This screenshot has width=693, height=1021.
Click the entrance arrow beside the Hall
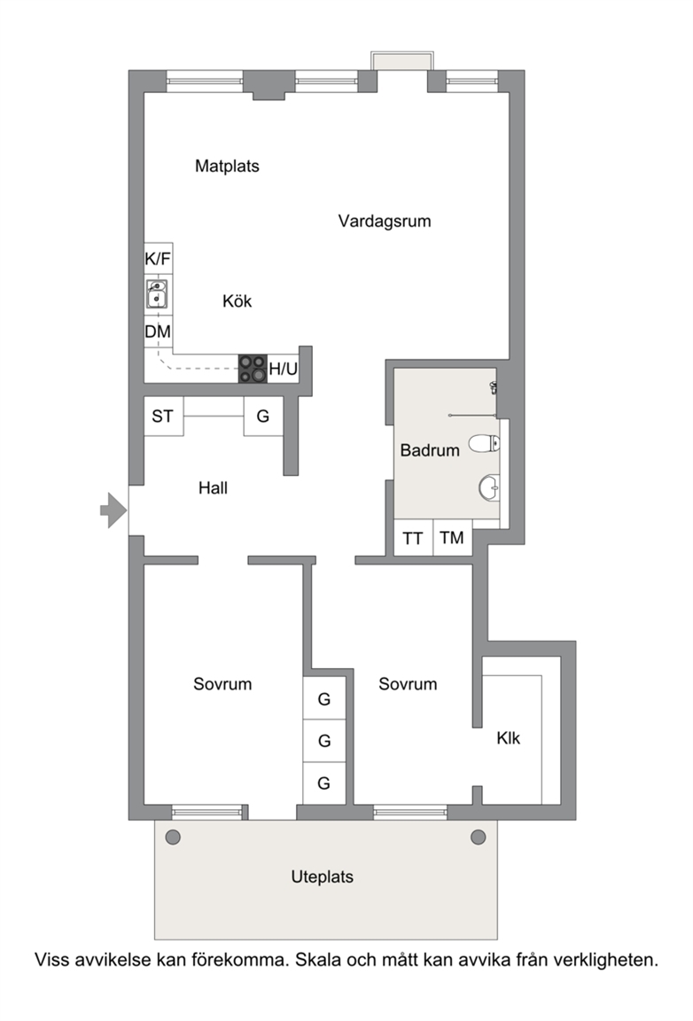(113, 510)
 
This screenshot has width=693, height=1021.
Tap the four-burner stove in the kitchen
(253, 369)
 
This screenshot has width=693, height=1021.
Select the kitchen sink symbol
(156, 293)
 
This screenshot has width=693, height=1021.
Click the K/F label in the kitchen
(158, 259)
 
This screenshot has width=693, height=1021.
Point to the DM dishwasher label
(158, 332)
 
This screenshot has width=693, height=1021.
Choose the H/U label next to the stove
(284, 370)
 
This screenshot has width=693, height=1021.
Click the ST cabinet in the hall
(163, 416)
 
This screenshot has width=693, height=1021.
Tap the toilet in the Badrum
(485, 443)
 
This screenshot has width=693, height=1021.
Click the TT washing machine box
(414, 538)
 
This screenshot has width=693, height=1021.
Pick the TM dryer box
(453, 538)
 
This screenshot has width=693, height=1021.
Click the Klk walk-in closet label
(508, 737)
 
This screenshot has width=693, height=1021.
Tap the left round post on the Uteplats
(173, 838)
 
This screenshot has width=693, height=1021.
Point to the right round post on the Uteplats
(478, 838)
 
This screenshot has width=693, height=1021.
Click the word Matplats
(228, 166)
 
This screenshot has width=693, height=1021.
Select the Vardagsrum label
(385, 222)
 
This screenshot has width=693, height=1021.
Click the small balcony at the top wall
(401, 60)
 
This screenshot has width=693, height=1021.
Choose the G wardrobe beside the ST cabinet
(263, 416)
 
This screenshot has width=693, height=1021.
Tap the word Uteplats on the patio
(323, 877)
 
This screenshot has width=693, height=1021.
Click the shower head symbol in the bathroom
(494, 387)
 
